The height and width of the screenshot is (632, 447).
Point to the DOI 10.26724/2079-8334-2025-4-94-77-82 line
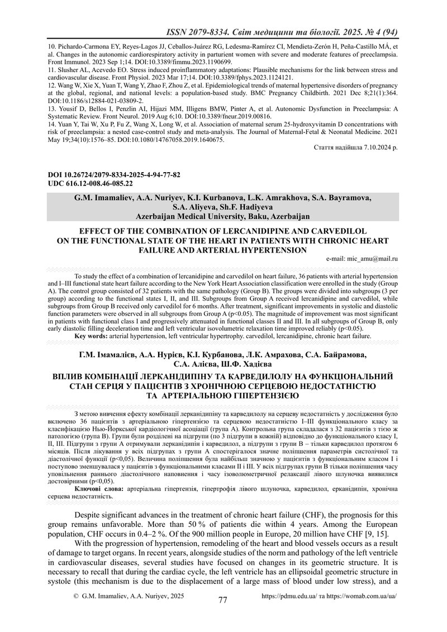(114, 175)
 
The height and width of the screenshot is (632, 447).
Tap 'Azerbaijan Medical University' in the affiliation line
(191, 216)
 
